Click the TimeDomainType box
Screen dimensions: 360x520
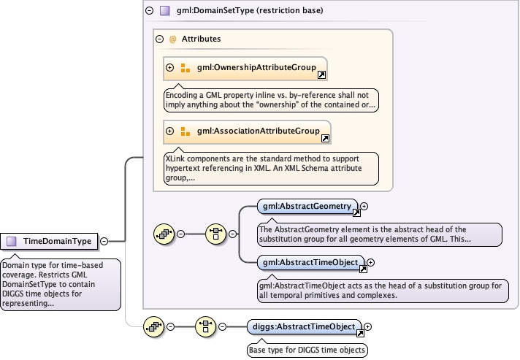click(51, 240)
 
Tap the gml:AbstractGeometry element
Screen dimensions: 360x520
click(307, 207)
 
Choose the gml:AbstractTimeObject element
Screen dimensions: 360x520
click(310, 262)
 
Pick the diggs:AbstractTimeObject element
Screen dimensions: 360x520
click(303, 326)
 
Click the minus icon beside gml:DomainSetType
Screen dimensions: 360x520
click(149, 11)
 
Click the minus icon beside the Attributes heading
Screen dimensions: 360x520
click(158, 39)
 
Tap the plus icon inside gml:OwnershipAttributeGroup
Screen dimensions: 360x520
click(170, 68)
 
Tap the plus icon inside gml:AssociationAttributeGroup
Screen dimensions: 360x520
click(170, 131)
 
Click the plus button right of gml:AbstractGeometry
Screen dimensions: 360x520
click(364, 207)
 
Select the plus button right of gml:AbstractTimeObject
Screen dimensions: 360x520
click(370, 262)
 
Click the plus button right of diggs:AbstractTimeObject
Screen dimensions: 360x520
click(368, 326)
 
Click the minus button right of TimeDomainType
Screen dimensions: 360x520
click(104, 240)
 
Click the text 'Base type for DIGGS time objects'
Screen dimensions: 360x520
click(307, 349)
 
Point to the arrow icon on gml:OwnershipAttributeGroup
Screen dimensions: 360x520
click(321, 74)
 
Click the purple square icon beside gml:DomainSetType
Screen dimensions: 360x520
click(165, 11)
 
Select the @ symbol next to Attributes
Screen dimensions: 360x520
click(173, 39)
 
